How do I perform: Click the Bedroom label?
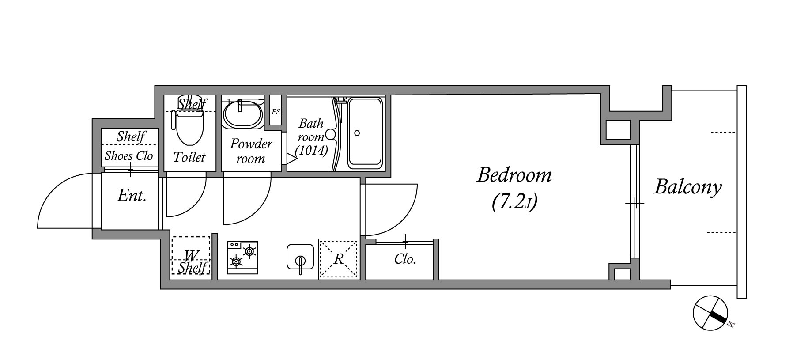coord(514,175)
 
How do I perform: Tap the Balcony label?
coord(688,187)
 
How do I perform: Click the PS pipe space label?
coord(276,112)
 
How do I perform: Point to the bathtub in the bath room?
coord(365,133)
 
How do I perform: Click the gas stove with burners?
coord(243,258)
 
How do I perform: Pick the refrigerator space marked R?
coord(339,259)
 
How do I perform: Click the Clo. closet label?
coord(405,259)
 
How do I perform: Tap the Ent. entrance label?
coord(132,195)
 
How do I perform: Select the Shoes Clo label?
coord(129,155)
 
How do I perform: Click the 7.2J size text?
coord(514,202)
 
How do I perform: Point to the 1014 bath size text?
coord(312,151)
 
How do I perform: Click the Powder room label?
coord(251,151)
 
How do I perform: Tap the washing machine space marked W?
coord(191,256)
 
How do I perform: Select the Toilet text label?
coord(189,157)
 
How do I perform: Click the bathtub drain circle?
coord(357,133)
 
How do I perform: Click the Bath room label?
coord(311,130)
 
